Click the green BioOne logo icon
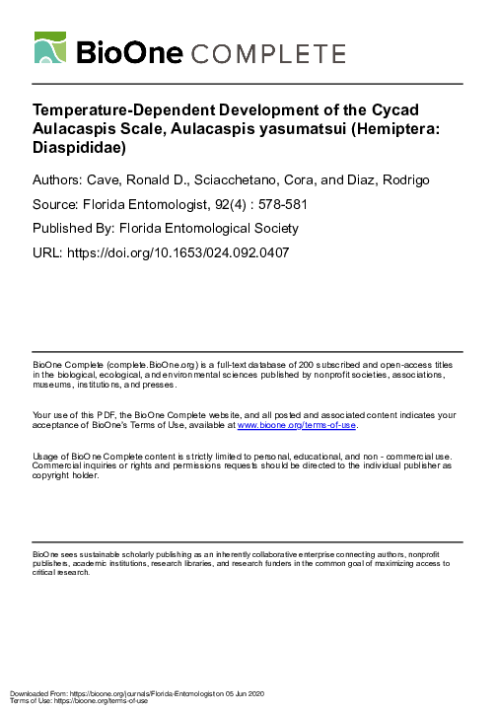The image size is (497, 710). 51,48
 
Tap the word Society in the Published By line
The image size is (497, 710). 270,229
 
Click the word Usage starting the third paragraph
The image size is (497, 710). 47,458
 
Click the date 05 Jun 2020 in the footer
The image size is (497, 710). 251,694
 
